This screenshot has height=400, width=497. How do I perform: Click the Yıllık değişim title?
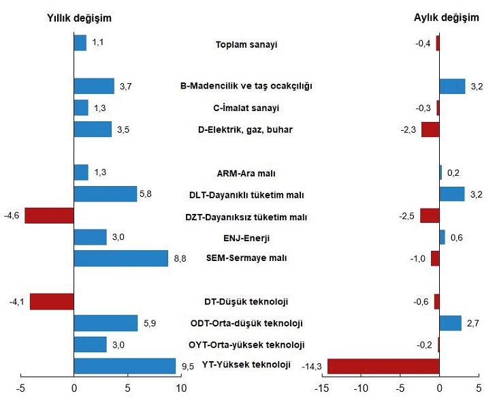[79, 18]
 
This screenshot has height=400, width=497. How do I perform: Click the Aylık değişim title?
[447, 18]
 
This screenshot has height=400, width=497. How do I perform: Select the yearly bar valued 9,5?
[125, 366]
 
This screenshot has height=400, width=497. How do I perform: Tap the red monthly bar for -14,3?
[383, 366]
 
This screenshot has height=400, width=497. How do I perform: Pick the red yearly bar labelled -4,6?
[49, 215]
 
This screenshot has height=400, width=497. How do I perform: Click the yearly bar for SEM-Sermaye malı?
[121, 258]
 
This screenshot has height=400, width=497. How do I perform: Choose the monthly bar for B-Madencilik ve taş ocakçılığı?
[452, 86]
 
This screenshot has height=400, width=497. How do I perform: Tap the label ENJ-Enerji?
[246, 237]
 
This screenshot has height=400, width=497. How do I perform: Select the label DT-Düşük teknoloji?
[246, 301]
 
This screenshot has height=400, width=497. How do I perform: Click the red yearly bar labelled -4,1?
[52, 301]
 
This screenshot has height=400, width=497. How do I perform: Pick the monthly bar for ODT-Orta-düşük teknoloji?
[450, 323]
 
